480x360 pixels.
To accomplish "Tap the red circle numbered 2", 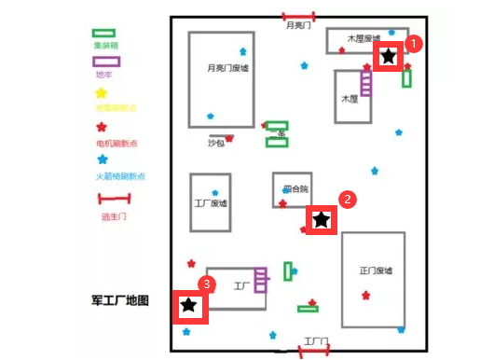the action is click(x=346, y=199).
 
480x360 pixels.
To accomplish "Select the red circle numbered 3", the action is click(x=208, y=283).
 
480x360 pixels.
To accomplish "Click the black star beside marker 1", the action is click(x=389, y=58).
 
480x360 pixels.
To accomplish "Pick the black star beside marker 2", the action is click(x=321, y=220).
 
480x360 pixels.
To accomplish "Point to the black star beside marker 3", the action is click(x=189, y=305).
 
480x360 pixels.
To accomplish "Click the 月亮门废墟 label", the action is click(x=227, y=68).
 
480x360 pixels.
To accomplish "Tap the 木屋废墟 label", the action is click(x=363, y=39).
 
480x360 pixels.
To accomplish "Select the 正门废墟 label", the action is click(x=377, y=270).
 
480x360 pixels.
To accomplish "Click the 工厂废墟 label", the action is click(x=211, y=204).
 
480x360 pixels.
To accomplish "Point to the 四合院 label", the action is click(x=294, y=188).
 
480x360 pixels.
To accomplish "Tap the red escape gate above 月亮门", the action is click(x=299, y=16).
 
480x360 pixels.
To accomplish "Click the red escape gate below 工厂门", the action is click(x=313, y=350).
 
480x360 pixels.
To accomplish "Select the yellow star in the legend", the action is click(x=102, y=92).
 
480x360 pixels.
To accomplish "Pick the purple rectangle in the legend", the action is click(x=106, y=62).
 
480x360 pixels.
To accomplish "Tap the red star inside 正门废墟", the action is click(x=366, y=297).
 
